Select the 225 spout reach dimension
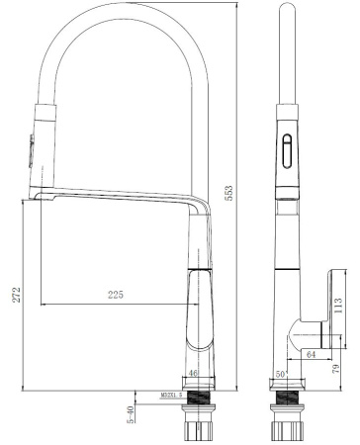(x=116, y=294)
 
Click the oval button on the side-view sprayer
(x=288, y=153)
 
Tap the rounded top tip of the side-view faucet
(x=287, y=12)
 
